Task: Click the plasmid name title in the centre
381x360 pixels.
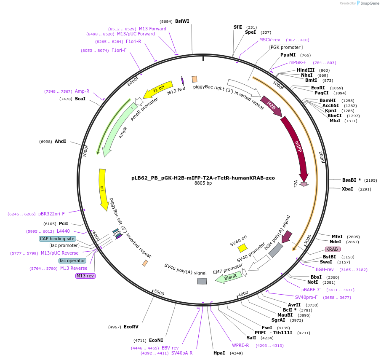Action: point(203,178)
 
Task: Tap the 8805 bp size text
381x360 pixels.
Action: point(203,183)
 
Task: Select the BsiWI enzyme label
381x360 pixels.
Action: point(182,21)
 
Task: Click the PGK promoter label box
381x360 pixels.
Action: point(285,47)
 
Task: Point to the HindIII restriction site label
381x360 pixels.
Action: point(306,70)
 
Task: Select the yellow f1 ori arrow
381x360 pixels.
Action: point(158,89)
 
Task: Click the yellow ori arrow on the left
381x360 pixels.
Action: point(103,190)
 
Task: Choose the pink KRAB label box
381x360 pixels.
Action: point(332,249)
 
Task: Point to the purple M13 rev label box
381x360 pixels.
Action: point(85,276)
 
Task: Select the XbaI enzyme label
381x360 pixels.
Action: point(347,189)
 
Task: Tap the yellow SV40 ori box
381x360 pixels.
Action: point(242,248)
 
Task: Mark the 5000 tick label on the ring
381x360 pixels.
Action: point(159,293)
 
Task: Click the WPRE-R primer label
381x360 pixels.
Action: point(240,345)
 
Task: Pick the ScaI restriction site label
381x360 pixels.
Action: point(80,99)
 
